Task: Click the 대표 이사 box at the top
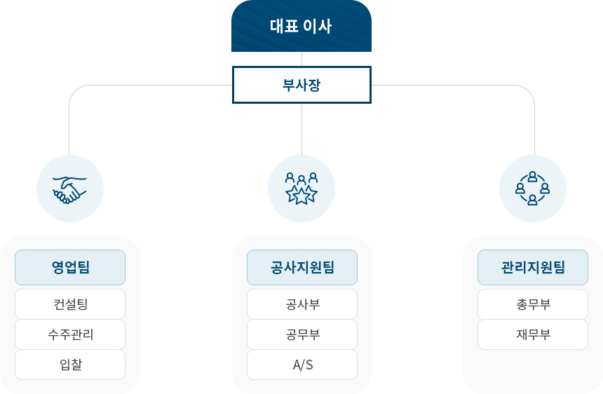tap(301, 26)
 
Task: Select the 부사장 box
tap(301, 84)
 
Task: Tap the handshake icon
tap(69, 188)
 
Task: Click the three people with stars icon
tap(301, 188)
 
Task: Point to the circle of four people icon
tap(532, 188)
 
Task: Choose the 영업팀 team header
tap(70, 267)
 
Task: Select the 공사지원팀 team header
tap(302, 267)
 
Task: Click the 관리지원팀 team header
tap(533, 267)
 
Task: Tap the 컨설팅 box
tap(70, 304)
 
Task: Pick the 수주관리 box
tap(70, 334)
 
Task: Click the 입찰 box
tap(70, 365)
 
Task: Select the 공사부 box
tap(302, 304)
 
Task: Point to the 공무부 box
tap(302, 334)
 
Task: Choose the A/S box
tap(302, 365)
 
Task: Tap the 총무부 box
tap(533, 304)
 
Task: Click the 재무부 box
tap(533, 334)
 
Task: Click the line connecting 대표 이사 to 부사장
tap(301, 59)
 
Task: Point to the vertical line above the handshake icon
tap(69, 143)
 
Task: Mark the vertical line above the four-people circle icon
tap(534, 143)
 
